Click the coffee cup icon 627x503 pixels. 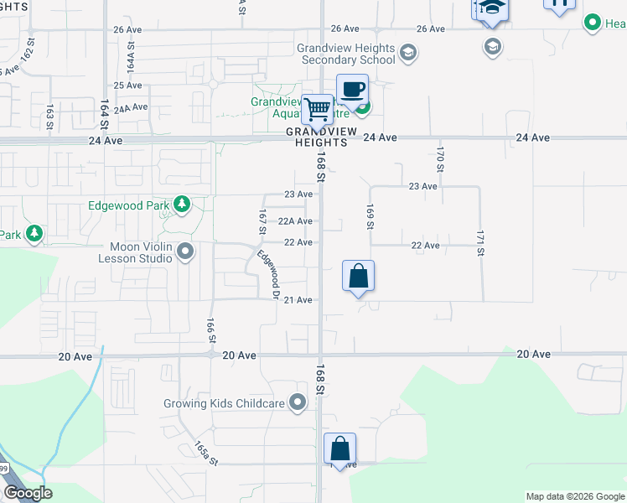pyautogui.click(x=353, y=90)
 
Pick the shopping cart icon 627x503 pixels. pyautogui.click(x=317, y=109)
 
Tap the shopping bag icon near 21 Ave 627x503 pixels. pyautogui.click(x=358, y=276)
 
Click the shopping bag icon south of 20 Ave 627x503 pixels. pyautogui.click(x=339, y=448)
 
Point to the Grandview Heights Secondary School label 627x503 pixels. pyautogui.click(x=346, y=54)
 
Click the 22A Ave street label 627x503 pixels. pyautogui.click(x=295, y=221)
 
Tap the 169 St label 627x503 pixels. pyautogui.click(x=369, y=215)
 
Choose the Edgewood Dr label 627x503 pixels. pyautogui.click(x=268, y=274)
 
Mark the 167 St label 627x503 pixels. pyautogui.click(x=262, y=222)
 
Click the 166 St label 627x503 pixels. pyautogui.click(x=211, y=329)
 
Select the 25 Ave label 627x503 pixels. pyautogui.click(x=127, y=86)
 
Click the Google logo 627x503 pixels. pyautogui.click(x=28, y=493)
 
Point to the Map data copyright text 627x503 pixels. pyautogui.click(x=574, y=496)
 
